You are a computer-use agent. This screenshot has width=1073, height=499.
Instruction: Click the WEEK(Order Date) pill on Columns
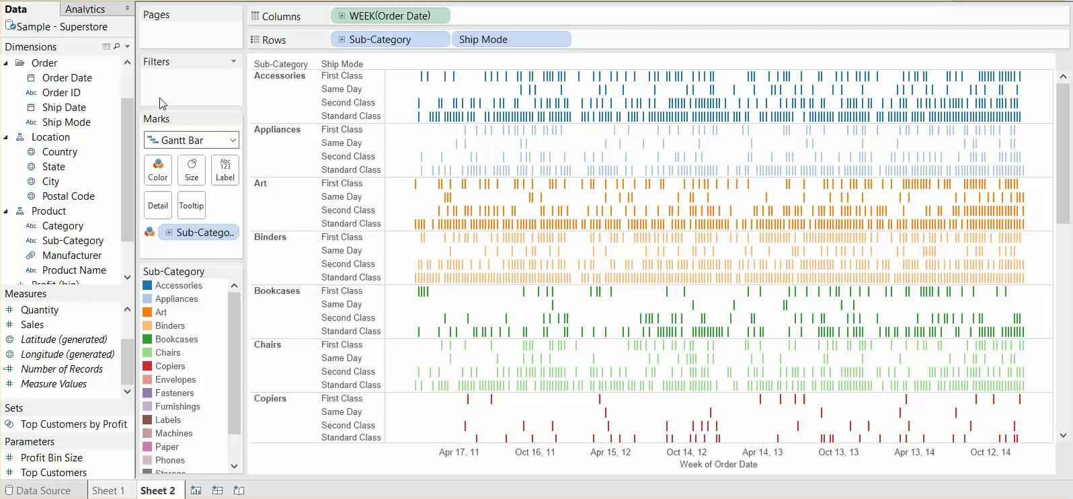(390, 16)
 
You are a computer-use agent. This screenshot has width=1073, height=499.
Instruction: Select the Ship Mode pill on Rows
(511, 40)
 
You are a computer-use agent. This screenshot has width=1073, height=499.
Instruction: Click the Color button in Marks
(158, 170)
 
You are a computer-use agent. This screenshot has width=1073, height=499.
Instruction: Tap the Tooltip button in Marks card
(192, 206)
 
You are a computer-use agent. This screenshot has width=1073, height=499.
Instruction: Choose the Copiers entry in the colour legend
(169, 367)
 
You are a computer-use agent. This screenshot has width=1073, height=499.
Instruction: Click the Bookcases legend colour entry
(176, 340)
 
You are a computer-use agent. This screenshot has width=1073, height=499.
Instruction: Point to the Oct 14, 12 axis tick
(686, 453)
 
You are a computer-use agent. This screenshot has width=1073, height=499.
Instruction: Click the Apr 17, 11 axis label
(459, 453)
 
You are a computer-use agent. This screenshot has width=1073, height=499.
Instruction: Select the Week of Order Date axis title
(718, 465)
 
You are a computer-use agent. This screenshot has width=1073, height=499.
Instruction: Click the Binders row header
(270, 237)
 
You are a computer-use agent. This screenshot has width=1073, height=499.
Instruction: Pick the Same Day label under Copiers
(342, 412)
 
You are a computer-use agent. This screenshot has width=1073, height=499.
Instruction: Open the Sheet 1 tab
(108, 491)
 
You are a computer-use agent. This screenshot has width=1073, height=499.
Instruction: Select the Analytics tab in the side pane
(85, 9)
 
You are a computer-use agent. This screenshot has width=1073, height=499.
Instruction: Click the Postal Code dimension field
(68, 196)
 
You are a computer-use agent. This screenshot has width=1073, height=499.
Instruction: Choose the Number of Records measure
(62, 369)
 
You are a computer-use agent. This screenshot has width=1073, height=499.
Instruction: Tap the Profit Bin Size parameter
(52, 458)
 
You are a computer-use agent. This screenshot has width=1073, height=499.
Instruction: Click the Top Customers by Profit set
(74, 424)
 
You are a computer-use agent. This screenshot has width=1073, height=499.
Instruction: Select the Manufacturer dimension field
(72, 256)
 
